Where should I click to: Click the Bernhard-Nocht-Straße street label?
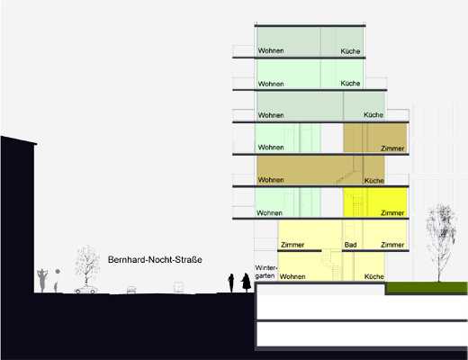click(x=155, y=259)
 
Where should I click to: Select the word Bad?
click(x=350, y=245)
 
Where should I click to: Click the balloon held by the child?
click(x=58, y=272)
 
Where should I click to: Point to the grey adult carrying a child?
click(x=42, y=281)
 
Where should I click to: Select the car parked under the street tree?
click(x=86, y=290)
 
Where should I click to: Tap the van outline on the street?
click(x=178, y=287)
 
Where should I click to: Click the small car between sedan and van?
click(x=131, y=290)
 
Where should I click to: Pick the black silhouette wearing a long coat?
click(x=246, y=283)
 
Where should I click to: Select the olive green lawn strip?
click(x=427, y=287)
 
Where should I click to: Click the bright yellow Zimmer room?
click(x=375, y=202)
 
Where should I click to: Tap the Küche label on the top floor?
click(x=350, y=51)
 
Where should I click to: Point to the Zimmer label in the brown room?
click(x=392, y=148)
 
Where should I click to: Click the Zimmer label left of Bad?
click(x=292, y=245)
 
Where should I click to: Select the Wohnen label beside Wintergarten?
click(x=292, y=276)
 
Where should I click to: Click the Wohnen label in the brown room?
click(x=271, y=180)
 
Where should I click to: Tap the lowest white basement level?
click(x=362, y=334)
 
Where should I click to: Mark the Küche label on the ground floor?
click(x=374, y=276)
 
